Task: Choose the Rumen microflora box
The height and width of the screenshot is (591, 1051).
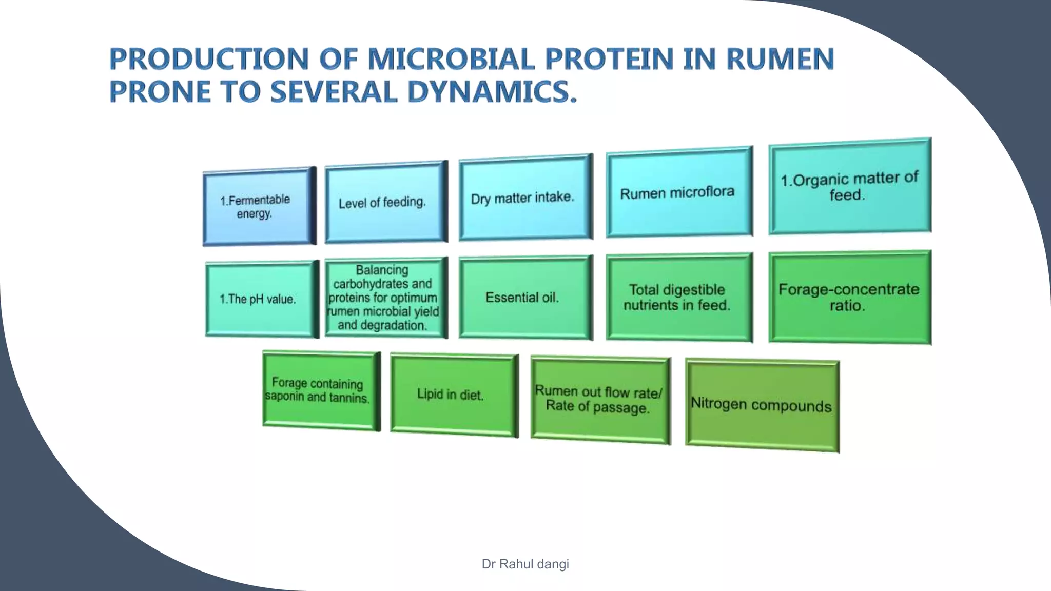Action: point(678,192)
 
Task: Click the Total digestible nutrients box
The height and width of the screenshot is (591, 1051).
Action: point(678,298)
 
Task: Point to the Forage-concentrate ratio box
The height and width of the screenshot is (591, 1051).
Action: point(849,298)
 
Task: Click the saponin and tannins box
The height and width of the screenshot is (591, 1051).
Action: point(320,390)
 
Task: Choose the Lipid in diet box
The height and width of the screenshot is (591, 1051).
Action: point(453,394)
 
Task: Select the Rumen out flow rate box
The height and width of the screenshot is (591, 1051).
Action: point(599,400)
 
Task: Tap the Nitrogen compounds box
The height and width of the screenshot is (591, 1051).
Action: point(762,405)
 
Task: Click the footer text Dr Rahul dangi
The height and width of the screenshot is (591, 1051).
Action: point(525,564)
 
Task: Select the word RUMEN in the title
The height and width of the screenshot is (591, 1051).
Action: point(780,59)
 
